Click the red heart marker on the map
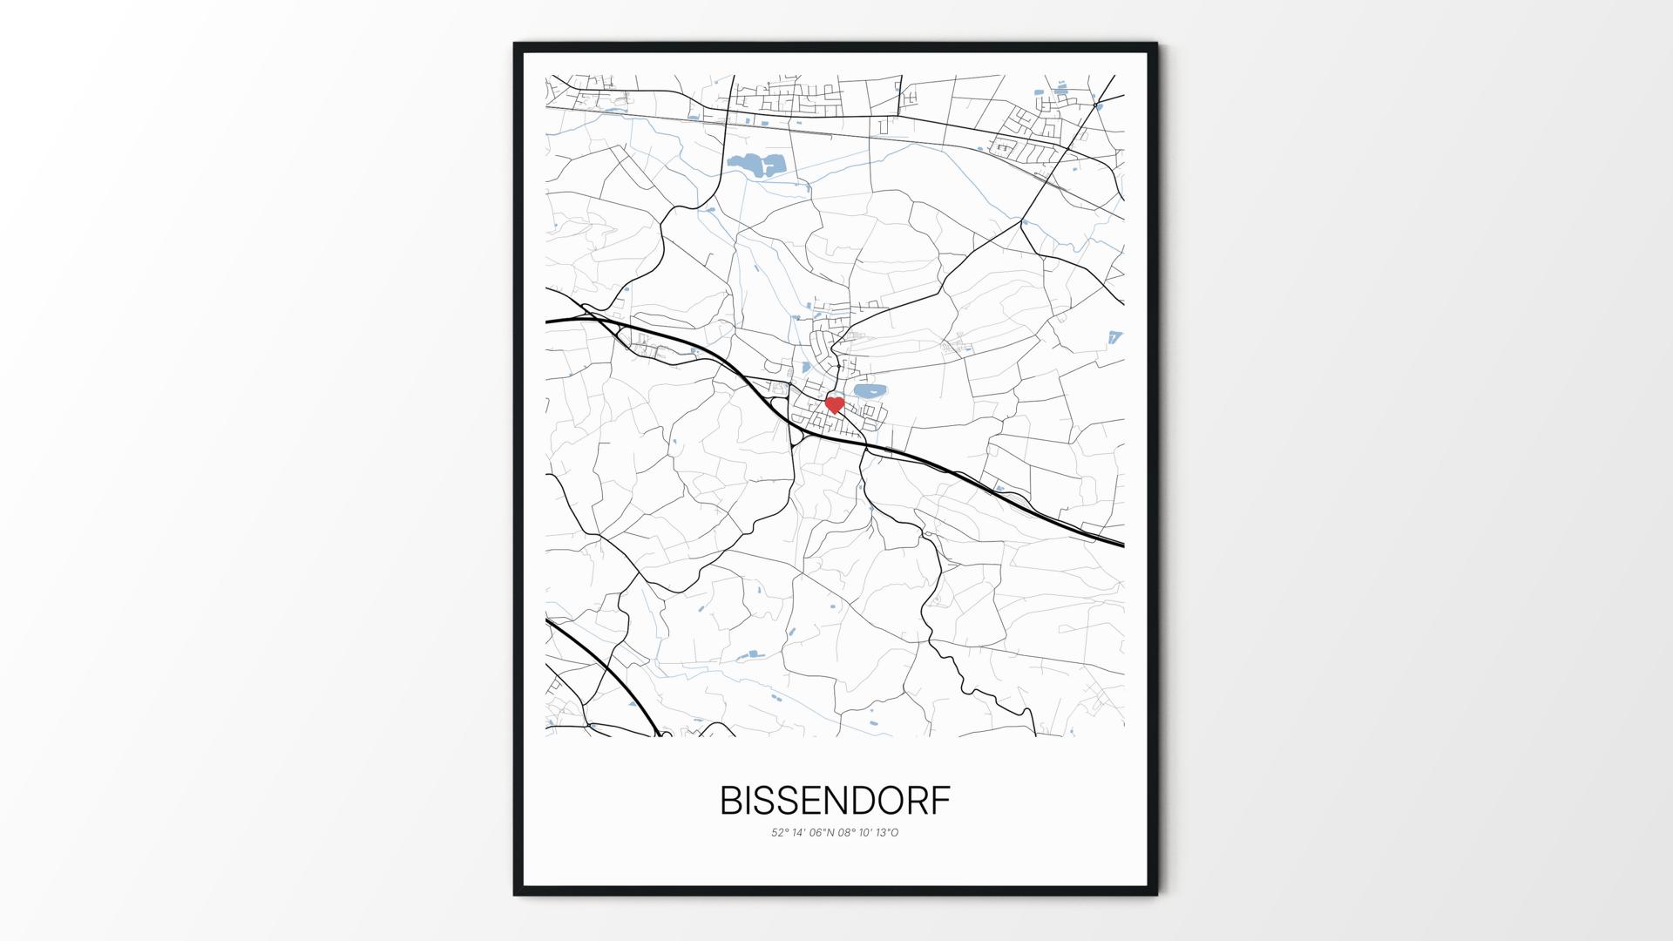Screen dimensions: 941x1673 coord(834,404)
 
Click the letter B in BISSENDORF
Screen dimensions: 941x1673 coord(730,802)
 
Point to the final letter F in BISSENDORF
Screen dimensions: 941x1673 coord(941,802)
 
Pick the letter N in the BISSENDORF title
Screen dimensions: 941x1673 coord(828,802)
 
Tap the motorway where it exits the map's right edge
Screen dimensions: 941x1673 coord(1118,543)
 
